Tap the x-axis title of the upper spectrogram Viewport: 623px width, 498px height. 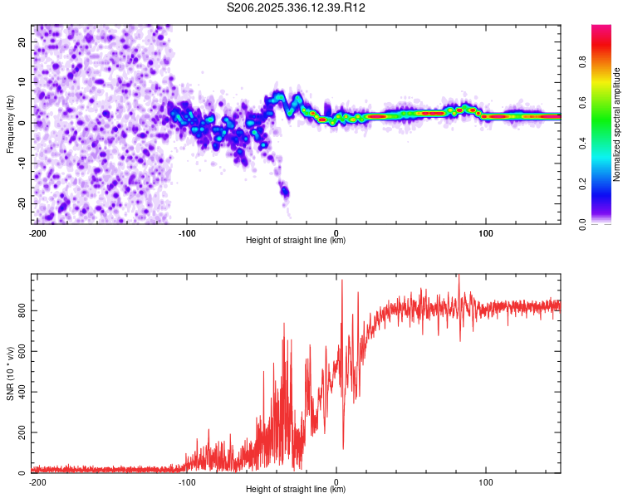[296, 241]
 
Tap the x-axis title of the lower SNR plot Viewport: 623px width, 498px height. [296, 490]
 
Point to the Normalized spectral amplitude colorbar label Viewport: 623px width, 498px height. [617, 124]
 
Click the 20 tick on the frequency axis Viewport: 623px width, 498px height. [22, 41]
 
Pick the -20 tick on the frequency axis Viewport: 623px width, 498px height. [21, 203]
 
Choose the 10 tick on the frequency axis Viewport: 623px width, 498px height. [22, 82]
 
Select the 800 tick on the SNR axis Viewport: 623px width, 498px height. [20, 310]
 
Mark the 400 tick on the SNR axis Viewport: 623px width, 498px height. [20, 392]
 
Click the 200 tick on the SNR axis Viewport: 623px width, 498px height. [20, 432]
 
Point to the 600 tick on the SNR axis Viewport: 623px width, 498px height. [20, 351]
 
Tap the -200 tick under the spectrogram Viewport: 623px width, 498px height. [37, 232]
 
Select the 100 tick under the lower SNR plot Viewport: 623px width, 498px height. [486, 481]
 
